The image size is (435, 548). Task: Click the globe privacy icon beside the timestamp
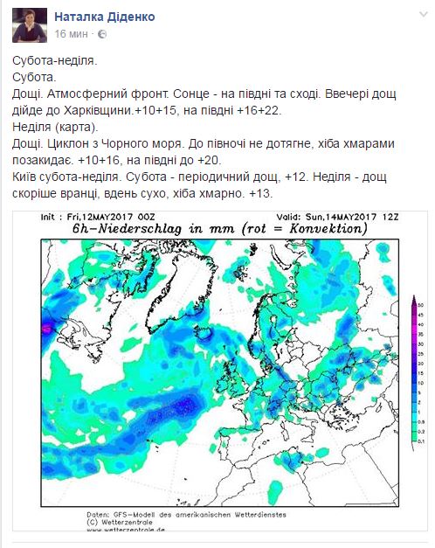[102, 33]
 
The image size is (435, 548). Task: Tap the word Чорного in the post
[143, 144]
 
